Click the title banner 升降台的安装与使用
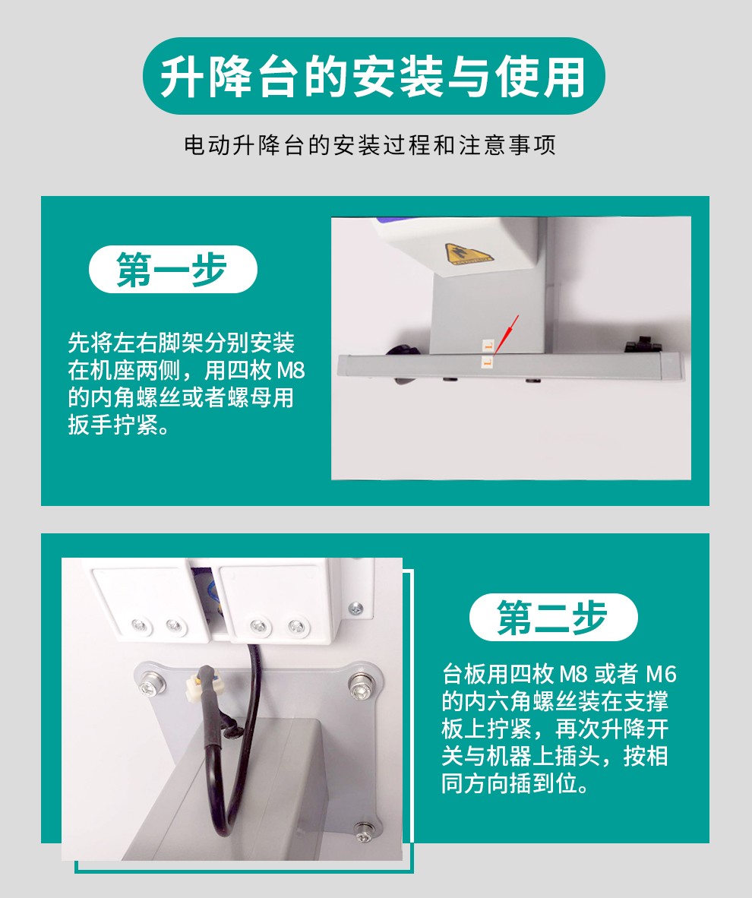tap(374, 76)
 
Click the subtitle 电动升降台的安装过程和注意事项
tap(370, 145)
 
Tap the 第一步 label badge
tap(173, 269)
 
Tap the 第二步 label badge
tap(553, 618)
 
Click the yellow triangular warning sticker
tap(468, 254)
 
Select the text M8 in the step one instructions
tap(290, 371)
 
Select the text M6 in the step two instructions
tap(662, 674)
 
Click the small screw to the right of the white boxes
tap(356, 609)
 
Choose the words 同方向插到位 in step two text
tap(509, 783)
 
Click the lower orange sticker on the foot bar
tap(488, 362)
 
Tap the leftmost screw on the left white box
tap(139, 625)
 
